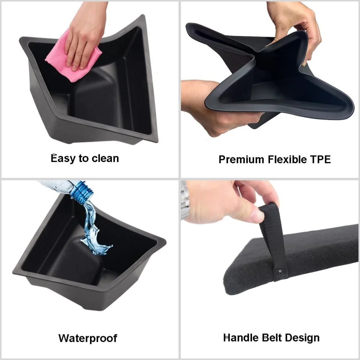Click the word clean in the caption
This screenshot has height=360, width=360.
(105, 158)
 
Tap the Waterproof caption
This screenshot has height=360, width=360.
(88, 338)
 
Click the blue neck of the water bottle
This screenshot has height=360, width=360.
(82, 192)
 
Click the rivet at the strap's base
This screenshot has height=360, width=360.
(280, 273)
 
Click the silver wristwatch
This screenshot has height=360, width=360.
(185, 200)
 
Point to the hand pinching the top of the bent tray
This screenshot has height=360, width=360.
(296, 28)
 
